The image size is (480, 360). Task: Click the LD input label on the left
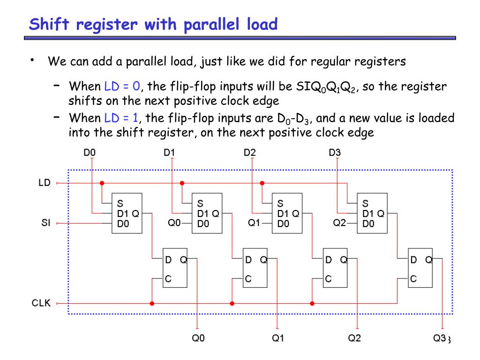tap(44, 183)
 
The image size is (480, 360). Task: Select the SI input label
tap(45, 223)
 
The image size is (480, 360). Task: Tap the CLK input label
tap(42, 303)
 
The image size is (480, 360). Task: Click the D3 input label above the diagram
tap(335, 152)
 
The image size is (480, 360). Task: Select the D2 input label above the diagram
tap(250, 152)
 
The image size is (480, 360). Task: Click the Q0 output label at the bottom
tap(198, 338)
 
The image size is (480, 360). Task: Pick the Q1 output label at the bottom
tap(278, 338)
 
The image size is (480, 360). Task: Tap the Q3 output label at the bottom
tap(439, 338)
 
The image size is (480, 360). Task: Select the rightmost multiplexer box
tap(372, 213)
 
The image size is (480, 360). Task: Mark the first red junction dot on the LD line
tap(101, 183)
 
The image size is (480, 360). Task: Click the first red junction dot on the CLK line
tap(151, 303)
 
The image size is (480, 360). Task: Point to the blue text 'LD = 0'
tap(122, 87)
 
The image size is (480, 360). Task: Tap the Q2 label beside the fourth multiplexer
tap(339, 223)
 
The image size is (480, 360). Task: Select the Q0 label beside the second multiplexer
tap(174, 223)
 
